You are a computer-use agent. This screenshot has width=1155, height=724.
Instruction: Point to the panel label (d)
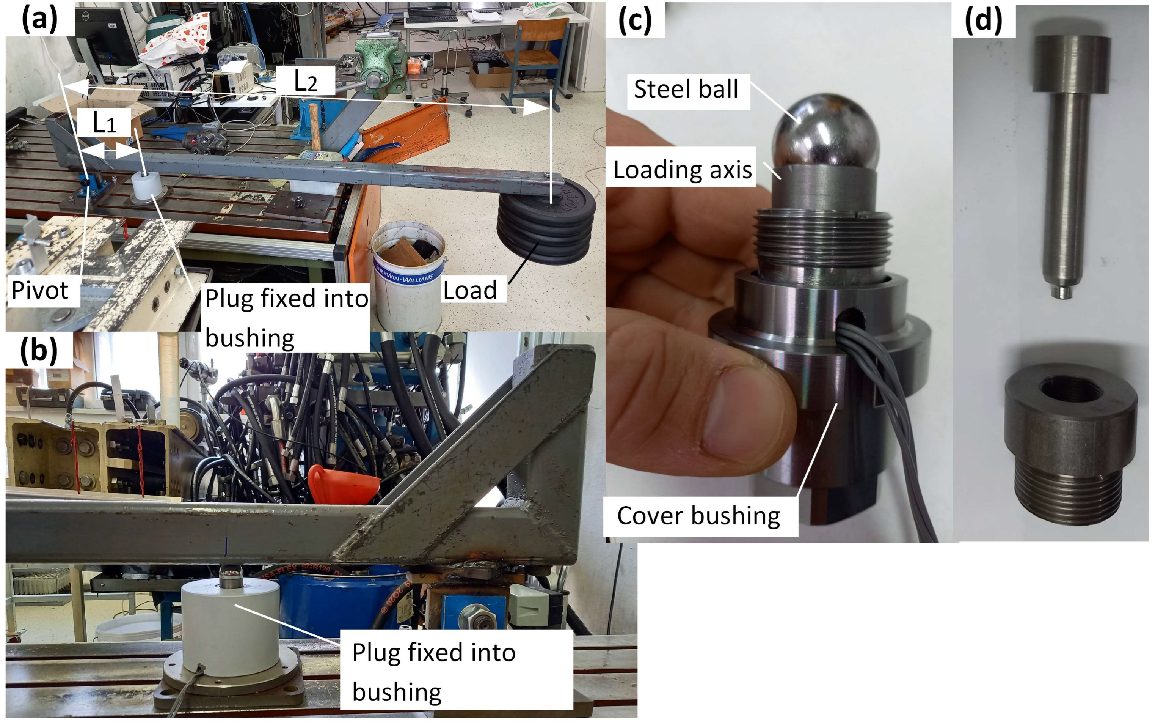pyautogui.click(x=984, y=20)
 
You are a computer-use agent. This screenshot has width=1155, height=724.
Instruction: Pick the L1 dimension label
pyautogui.click(x=104, y=123)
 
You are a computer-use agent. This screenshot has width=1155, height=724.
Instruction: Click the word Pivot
pyautogui.click(x=40, y=290)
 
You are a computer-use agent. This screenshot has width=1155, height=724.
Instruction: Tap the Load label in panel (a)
pyautogui.click(x=470, y=290)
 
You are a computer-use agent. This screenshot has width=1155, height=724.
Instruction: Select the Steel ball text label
pyautogui.click(x=686, y=89)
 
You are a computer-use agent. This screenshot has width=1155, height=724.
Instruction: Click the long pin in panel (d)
pyautogui.click(x=1071, y=165)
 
